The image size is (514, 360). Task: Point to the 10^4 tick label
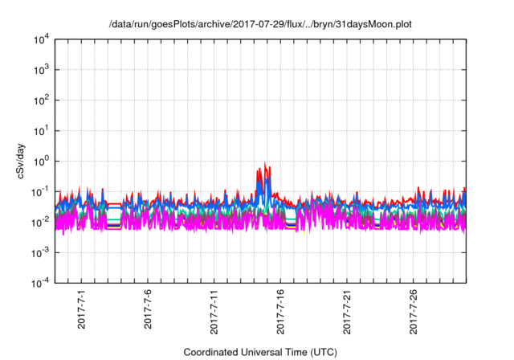[x=40, y=39]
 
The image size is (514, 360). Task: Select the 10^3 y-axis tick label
[x=40, y=70]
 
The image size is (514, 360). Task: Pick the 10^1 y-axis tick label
[x=40, y=130]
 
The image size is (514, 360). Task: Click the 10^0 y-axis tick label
[x=40, y=161]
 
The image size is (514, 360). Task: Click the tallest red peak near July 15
[x=266, y=163]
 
